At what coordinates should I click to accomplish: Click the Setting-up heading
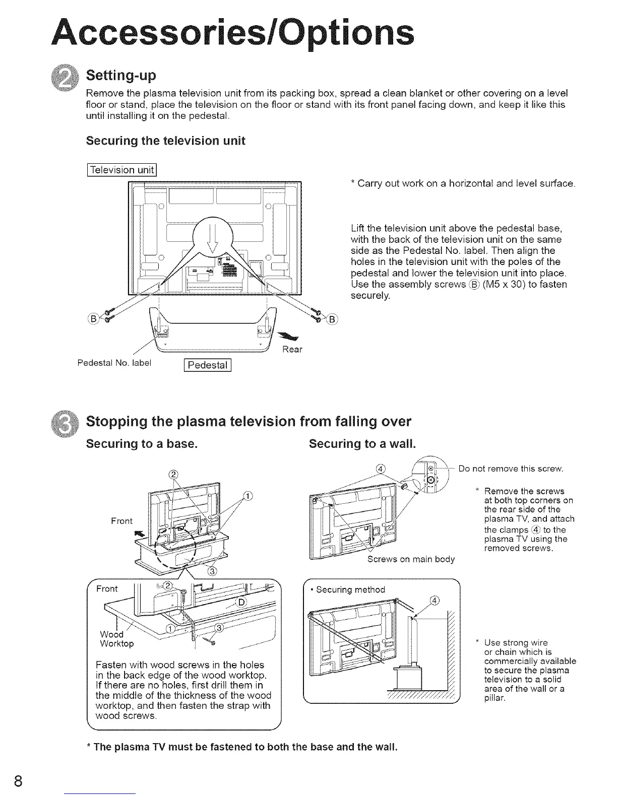coord(121,76)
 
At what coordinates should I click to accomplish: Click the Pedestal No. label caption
coord(114,362)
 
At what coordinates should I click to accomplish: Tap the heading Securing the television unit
coord(165,141)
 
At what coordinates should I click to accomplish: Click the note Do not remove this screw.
coord(510,469)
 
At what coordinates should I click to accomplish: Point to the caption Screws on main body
coord(411,559)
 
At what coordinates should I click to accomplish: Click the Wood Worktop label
coord(116,639)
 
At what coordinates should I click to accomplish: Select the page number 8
coord(19,781)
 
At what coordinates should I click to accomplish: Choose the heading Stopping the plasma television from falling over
coord(249,421)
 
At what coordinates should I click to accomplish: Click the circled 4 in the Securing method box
coord(436,600)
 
